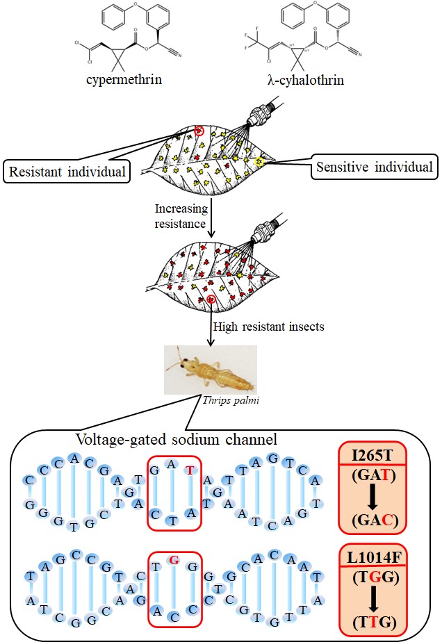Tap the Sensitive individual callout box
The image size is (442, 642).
pos(374,167)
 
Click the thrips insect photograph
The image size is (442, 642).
pos(211,368)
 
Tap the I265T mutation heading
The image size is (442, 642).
pos(371,455)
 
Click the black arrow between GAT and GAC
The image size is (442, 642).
pos(372,497)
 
